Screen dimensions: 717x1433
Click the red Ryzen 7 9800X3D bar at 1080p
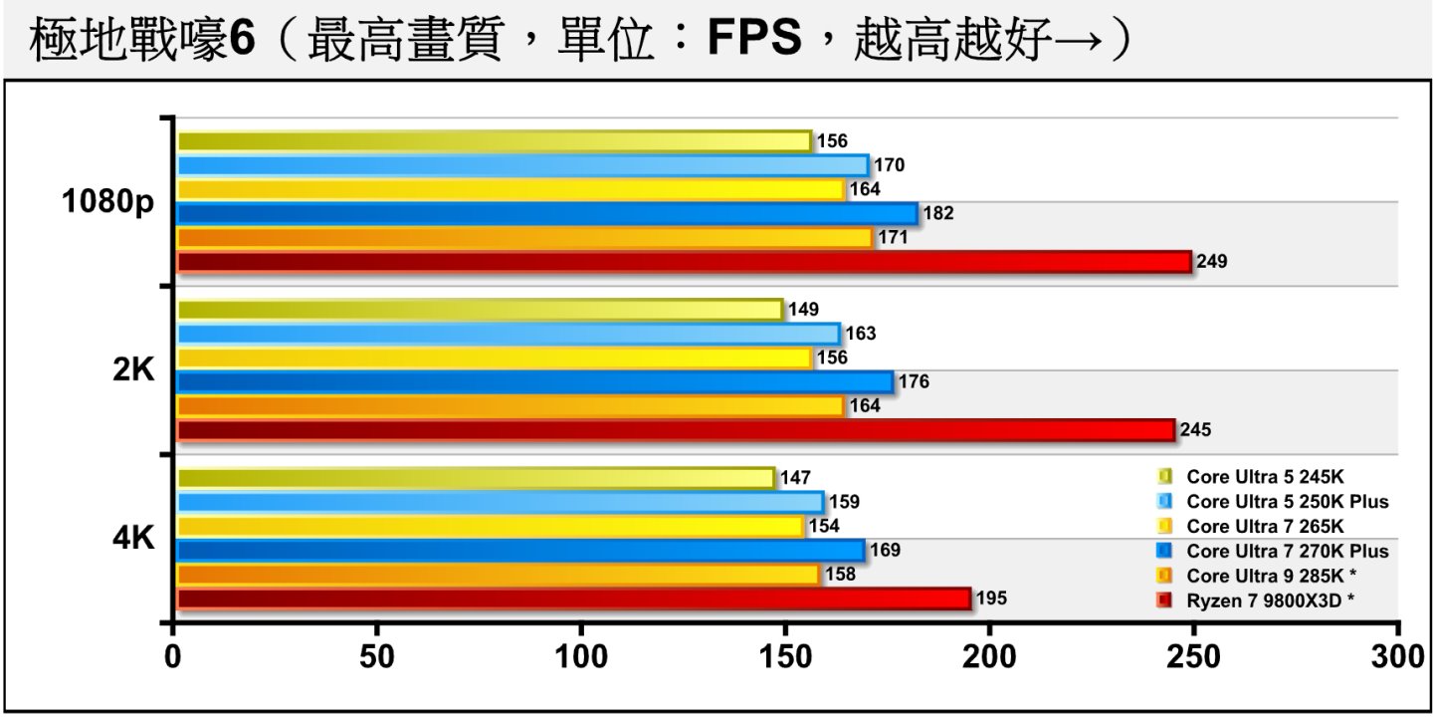tap(684, 262)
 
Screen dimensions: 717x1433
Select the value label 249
tap(1212, 262)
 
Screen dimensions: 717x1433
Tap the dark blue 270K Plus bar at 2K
tap(534, 382)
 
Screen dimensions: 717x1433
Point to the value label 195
tap(991, 598)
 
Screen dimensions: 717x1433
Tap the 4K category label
tap(133, 539)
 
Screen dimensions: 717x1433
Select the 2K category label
tap(133, 370)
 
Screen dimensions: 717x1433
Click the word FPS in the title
tap(753, 40)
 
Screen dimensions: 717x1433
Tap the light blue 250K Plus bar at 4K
tap(500, 502)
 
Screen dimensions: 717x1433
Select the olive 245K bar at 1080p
tap(494, 141)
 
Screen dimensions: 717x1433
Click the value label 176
tap(913, 382)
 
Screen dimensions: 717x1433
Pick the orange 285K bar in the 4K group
tap(498, 575)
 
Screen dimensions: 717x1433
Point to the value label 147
tap(795, 478)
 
